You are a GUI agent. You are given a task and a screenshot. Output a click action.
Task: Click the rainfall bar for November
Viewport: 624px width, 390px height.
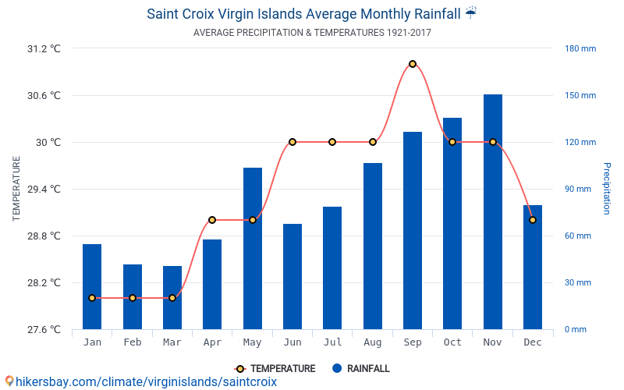[492, 211]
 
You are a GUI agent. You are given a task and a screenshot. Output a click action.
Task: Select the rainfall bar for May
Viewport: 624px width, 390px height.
[252, 248]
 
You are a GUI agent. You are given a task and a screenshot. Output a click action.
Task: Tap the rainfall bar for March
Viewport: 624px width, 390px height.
[172, 297]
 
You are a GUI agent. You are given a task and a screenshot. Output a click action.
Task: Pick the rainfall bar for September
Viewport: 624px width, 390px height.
[412, 230]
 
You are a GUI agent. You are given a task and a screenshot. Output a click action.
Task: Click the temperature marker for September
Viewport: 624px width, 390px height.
[412, 64]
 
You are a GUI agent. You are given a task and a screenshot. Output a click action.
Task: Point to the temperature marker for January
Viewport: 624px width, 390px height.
[92, 298]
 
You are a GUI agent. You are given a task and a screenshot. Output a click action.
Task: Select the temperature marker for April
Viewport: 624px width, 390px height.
[212, 220]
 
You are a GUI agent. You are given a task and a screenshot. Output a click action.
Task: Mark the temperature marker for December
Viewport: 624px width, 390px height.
[533, 220]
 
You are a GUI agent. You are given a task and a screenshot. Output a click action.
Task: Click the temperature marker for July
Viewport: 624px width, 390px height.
[332, 142]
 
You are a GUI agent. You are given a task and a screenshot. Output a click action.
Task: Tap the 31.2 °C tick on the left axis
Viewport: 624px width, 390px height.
[44, 48]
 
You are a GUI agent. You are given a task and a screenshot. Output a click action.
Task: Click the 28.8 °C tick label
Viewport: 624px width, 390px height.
[44, 236]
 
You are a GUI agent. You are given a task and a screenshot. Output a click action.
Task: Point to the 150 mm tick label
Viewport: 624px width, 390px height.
[580, 95]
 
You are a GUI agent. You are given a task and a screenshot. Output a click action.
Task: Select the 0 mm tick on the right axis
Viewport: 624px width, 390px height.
[575, 329]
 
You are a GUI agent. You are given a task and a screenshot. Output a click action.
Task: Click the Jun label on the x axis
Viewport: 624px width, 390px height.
[292, 342]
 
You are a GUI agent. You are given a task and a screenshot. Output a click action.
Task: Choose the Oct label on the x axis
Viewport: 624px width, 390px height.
[452, 342]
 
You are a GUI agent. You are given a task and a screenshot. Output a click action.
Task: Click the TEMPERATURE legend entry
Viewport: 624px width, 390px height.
[275, 369]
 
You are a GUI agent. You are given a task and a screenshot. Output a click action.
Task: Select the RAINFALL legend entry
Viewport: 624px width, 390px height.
[360, 369]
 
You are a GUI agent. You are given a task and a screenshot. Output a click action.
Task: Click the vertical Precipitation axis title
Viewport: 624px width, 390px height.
[607, 189]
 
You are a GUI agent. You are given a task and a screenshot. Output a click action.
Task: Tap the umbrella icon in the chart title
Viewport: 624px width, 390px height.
[470, 12]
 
